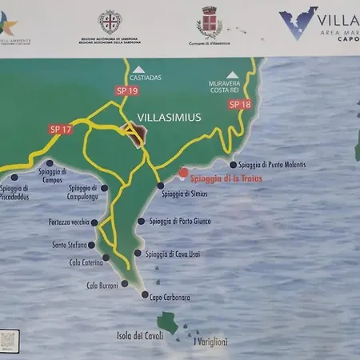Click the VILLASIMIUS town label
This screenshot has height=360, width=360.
point(169,117)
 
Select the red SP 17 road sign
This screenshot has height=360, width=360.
point(60,128)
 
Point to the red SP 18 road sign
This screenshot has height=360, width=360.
point(240,103)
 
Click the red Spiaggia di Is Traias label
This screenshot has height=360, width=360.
point(228,178)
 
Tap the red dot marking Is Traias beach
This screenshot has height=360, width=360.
point(183,172)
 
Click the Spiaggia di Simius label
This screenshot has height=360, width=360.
point(186,194)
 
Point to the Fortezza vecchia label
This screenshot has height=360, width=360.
point(68,222)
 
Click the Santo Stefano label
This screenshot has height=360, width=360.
point(69,245)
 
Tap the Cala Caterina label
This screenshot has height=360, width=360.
point(86,262)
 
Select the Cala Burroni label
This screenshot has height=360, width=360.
point(102,286)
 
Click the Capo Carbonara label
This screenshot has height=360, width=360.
point(170,297)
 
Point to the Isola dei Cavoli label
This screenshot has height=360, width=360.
point(140,335)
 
